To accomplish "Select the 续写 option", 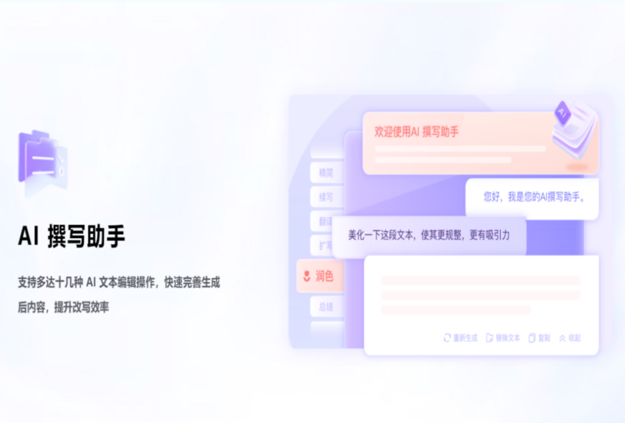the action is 325,197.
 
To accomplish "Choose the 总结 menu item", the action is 325,307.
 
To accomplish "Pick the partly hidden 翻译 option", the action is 324,222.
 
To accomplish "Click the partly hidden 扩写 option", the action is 325,246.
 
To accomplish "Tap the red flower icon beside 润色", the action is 307,277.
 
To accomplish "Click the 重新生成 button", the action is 465,338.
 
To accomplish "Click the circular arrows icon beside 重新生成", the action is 447,338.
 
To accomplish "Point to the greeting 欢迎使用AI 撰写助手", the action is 417,133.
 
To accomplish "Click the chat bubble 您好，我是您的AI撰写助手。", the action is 534,197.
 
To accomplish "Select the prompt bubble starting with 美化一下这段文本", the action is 429,236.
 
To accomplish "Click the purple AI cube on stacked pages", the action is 561,112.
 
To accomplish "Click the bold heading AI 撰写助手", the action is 71,236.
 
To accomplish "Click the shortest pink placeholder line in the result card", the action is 455,310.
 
